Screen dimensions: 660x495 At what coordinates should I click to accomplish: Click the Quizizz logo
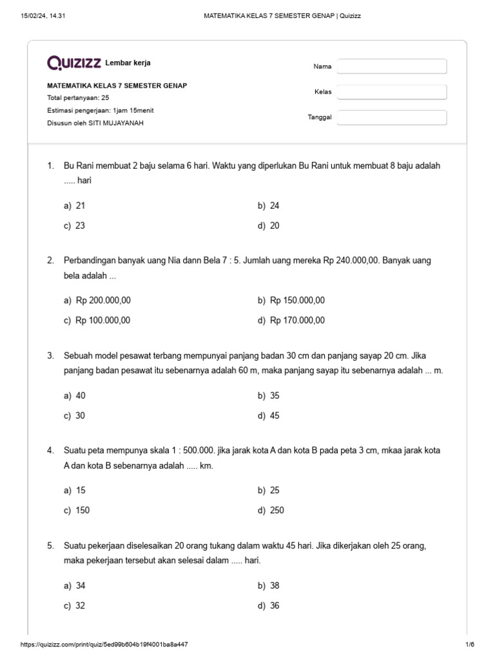pos(74,63)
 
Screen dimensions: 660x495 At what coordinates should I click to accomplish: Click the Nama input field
pos(392,66)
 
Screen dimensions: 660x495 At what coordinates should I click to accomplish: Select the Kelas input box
pos(392,92)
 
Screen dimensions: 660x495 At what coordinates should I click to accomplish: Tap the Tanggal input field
pos(392,117)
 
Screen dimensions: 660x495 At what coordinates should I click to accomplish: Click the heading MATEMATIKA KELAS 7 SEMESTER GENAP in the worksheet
pos(117,85)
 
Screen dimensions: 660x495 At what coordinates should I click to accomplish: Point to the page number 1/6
pos(469,645)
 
